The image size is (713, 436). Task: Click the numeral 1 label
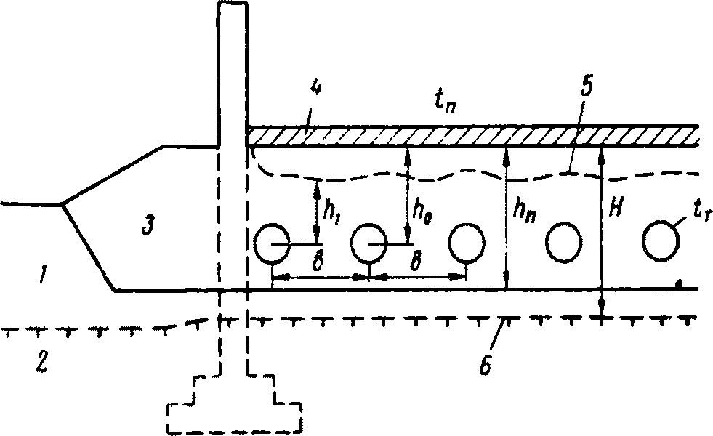[x=46, y=275]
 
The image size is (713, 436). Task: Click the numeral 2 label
[x=43, y=360]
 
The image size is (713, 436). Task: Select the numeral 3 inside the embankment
[x=146, y=227]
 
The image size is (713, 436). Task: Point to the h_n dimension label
[x=524, y=211]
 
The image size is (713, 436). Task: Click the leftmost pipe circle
[x=272, y=243]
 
